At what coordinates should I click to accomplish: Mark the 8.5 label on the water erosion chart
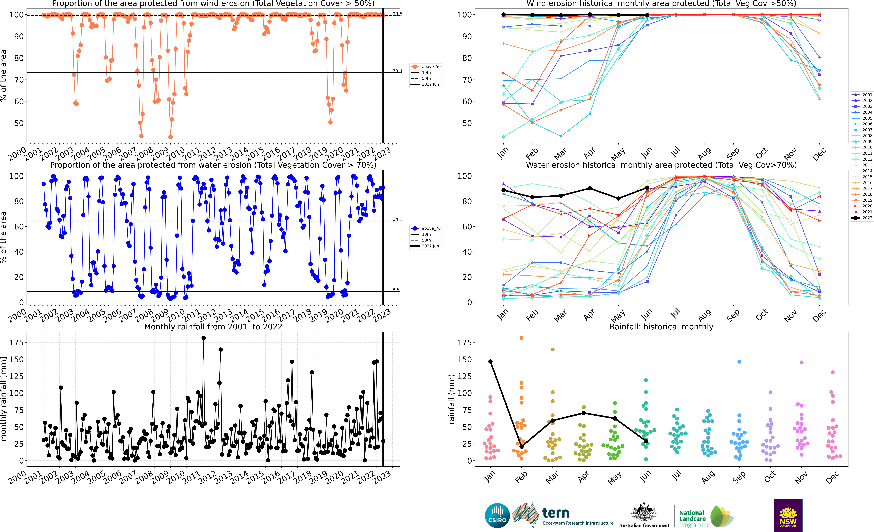[396, 290]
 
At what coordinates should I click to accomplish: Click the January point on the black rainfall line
[490, 361]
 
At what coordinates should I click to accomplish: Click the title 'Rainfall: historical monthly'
[661, 327]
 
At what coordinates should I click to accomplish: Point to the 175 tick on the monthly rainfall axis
[17, 343]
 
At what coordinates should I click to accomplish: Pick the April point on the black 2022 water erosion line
[590, 188]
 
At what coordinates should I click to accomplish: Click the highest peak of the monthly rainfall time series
[203, 338]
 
